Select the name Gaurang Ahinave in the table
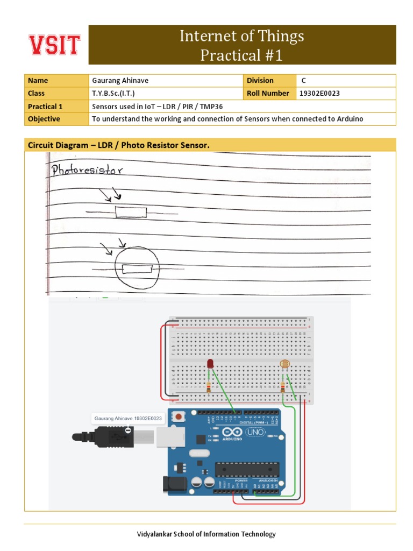120,81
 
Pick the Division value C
303,81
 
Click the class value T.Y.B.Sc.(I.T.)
117,94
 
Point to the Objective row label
44,119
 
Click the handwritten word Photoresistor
87,171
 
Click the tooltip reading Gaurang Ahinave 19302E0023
128,418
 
